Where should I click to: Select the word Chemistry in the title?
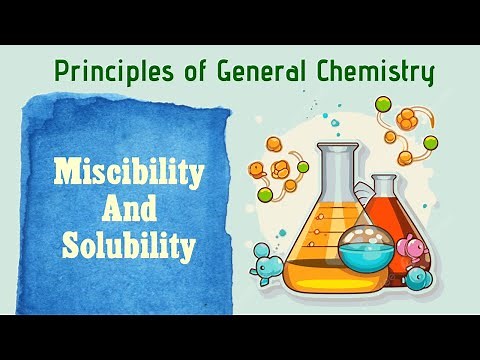(377, 72)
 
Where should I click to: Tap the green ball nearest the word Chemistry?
(382, 103)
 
